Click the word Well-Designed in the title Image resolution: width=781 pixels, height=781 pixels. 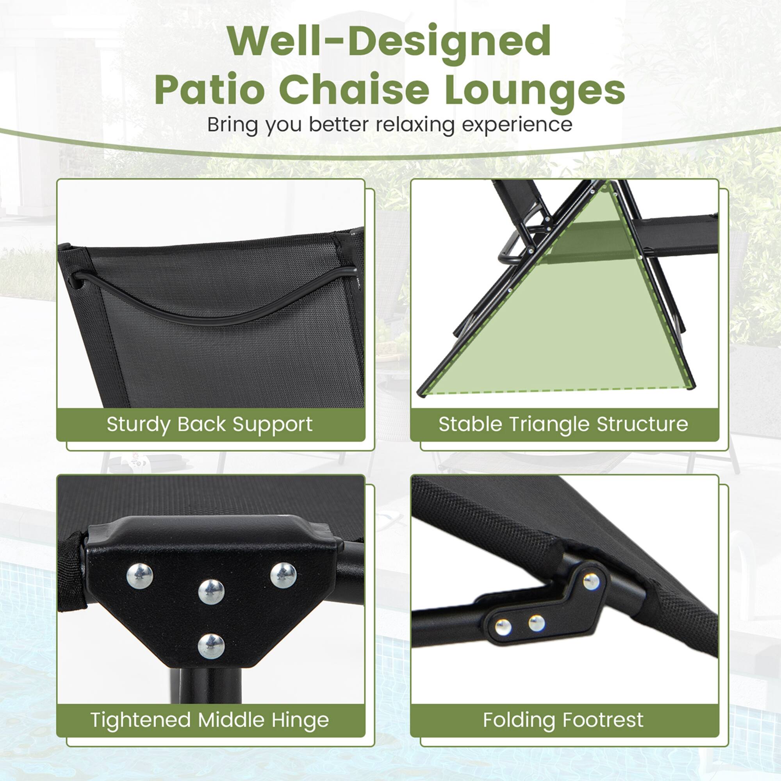click(x=389, y=41)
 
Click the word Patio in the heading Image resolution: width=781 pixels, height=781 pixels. click(x=210, y=90)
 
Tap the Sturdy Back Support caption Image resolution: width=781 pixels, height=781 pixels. click(x=209, y=424)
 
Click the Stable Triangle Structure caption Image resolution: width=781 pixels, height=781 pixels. click(x=563, y=424)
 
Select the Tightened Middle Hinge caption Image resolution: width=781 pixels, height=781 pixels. click(x=209, y=720)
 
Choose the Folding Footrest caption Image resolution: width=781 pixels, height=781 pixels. click(x=563, y=720)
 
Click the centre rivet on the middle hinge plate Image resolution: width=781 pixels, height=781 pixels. click(x=211, y=592)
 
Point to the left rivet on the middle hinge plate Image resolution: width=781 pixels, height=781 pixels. click(x=140, y=576)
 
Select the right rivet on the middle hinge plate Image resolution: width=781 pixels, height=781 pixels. click(x=283, y=575)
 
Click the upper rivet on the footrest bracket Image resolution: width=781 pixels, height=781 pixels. click(x=591, y=581)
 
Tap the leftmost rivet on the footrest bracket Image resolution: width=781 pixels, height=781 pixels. click(x=503, y=627)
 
